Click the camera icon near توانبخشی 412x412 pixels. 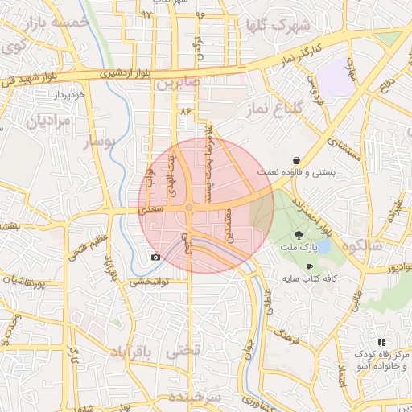155,257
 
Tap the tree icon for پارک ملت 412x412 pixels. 299,235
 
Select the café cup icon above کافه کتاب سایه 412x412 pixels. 309,266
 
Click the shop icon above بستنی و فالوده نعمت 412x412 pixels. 298,159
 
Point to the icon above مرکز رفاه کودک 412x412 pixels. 381,342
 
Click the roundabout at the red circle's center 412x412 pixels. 189,208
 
